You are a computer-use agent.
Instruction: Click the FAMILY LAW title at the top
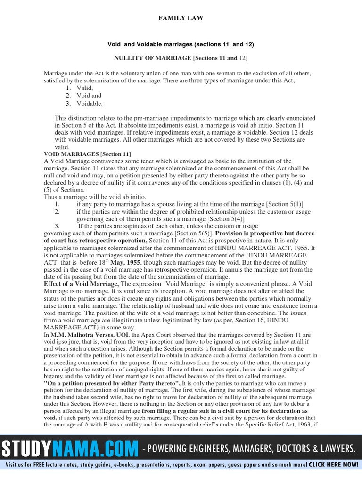pos(181,18)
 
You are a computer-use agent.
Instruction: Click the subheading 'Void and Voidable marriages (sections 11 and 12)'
pos(181,44)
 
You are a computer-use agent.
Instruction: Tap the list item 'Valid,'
pos(85,88)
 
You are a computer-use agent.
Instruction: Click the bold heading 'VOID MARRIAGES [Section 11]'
pos(88,154)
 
